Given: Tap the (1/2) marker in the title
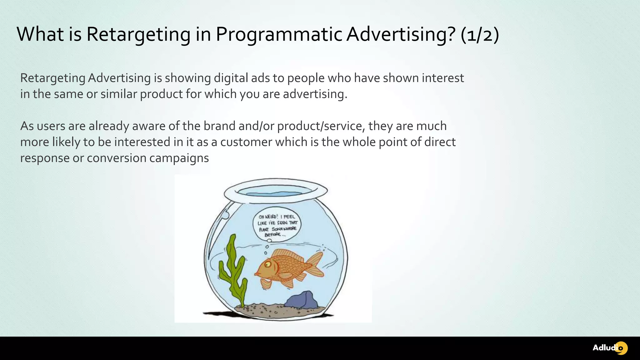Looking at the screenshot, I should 479,34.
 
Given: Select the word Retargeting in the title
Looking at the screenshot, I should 138,34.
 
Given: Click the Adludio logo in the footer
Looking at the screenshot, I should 610,348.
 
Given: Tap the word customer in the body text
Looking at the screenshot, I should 246,142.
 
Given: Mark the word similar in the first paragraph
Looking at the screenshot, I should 118,94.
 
